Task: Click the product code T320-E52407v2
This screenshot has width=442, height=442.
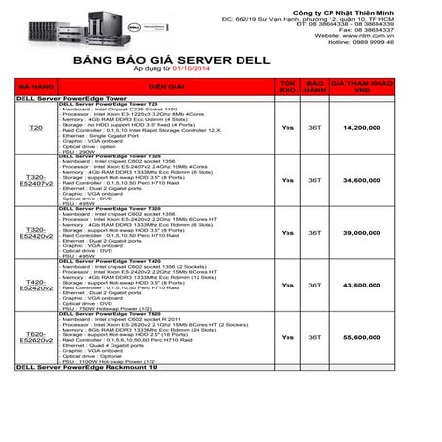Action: click(36, 181)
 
